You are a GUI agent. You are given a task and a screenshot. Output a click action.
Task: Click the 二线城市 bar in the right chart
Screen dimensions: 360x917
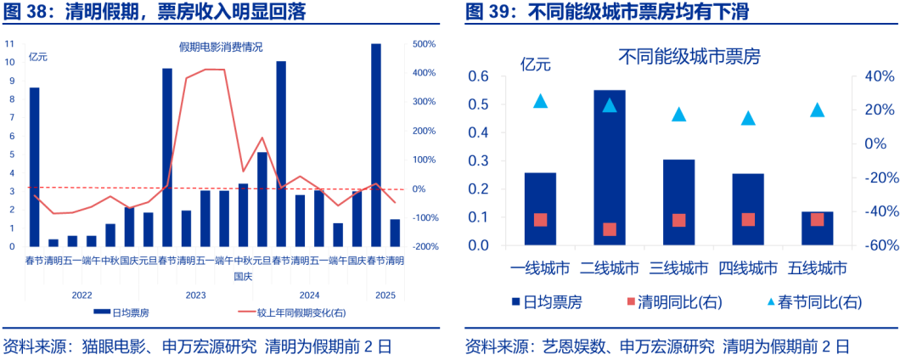(x=609, y=167)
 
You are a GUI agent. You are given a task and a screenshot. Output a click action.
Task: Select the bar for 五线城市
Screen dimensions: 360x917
(x=817, y=228)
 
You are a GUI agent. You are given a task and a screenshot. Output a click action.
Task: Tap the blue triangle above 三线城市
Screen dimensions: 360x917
(x=678, y=114)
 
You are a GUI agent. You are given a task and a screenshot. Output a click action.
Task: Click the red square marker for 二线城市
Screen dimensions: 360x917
(x=609, y=229)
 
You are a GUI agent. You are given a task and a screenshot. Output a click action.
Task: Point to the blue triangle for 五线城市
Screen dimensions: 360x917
(x=817, y=110)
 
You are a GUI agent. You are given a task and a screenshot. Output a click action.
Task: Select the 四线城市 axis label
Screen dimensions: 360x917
(x=748, y=268)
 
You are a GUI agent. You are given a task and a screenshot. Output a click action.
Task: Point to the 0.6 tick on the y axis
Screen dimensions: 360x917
(x=480, y=76)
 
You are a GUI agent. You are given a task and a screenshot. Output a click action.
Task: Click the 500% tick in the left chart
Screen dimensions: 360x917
(x=425, y=44)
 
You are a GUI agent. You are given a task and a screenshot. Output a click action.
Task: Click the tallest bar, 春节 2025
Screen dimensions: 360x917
(x=375, y=144)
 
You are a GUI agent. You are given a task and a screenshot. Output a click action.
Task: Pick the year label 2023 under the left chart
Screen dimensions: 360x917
(x=195, y=295)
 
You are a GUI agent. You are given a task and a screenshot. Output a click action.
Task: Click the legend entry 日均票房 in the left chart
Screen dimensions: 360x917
(x=124, y=312)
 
